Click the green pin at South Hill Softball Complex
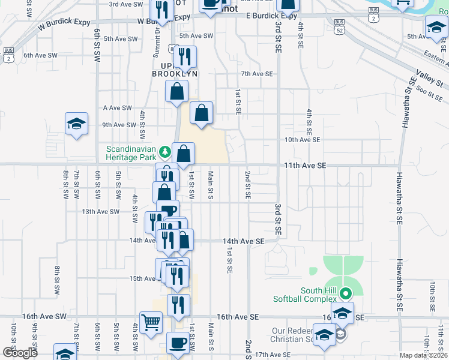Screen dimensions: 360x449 (x=345, y=293)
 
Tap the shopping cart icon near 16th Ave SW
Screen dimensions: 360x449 (x=151, y=322)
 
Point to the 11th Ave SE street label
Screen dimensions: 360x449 (x=305, y=164)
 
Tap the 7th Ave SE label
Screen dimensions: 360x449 (x=257, y=74)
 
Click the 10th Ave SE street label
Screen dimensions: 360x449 (x=303, y=139)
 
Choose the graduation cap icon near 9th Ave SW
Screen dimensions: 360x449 (x=77, y=124)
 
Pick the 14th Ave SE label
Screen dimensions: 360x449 (x=244, y=241)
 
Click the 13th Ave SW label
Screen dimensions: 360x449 (x=101, y=211)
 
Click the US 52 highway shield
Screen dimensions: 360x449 (x=340, y=29)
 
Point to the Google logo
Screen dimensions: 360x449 (x=20, y=353)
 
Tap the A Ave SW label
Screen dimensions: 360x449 (x=117, y=108)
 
